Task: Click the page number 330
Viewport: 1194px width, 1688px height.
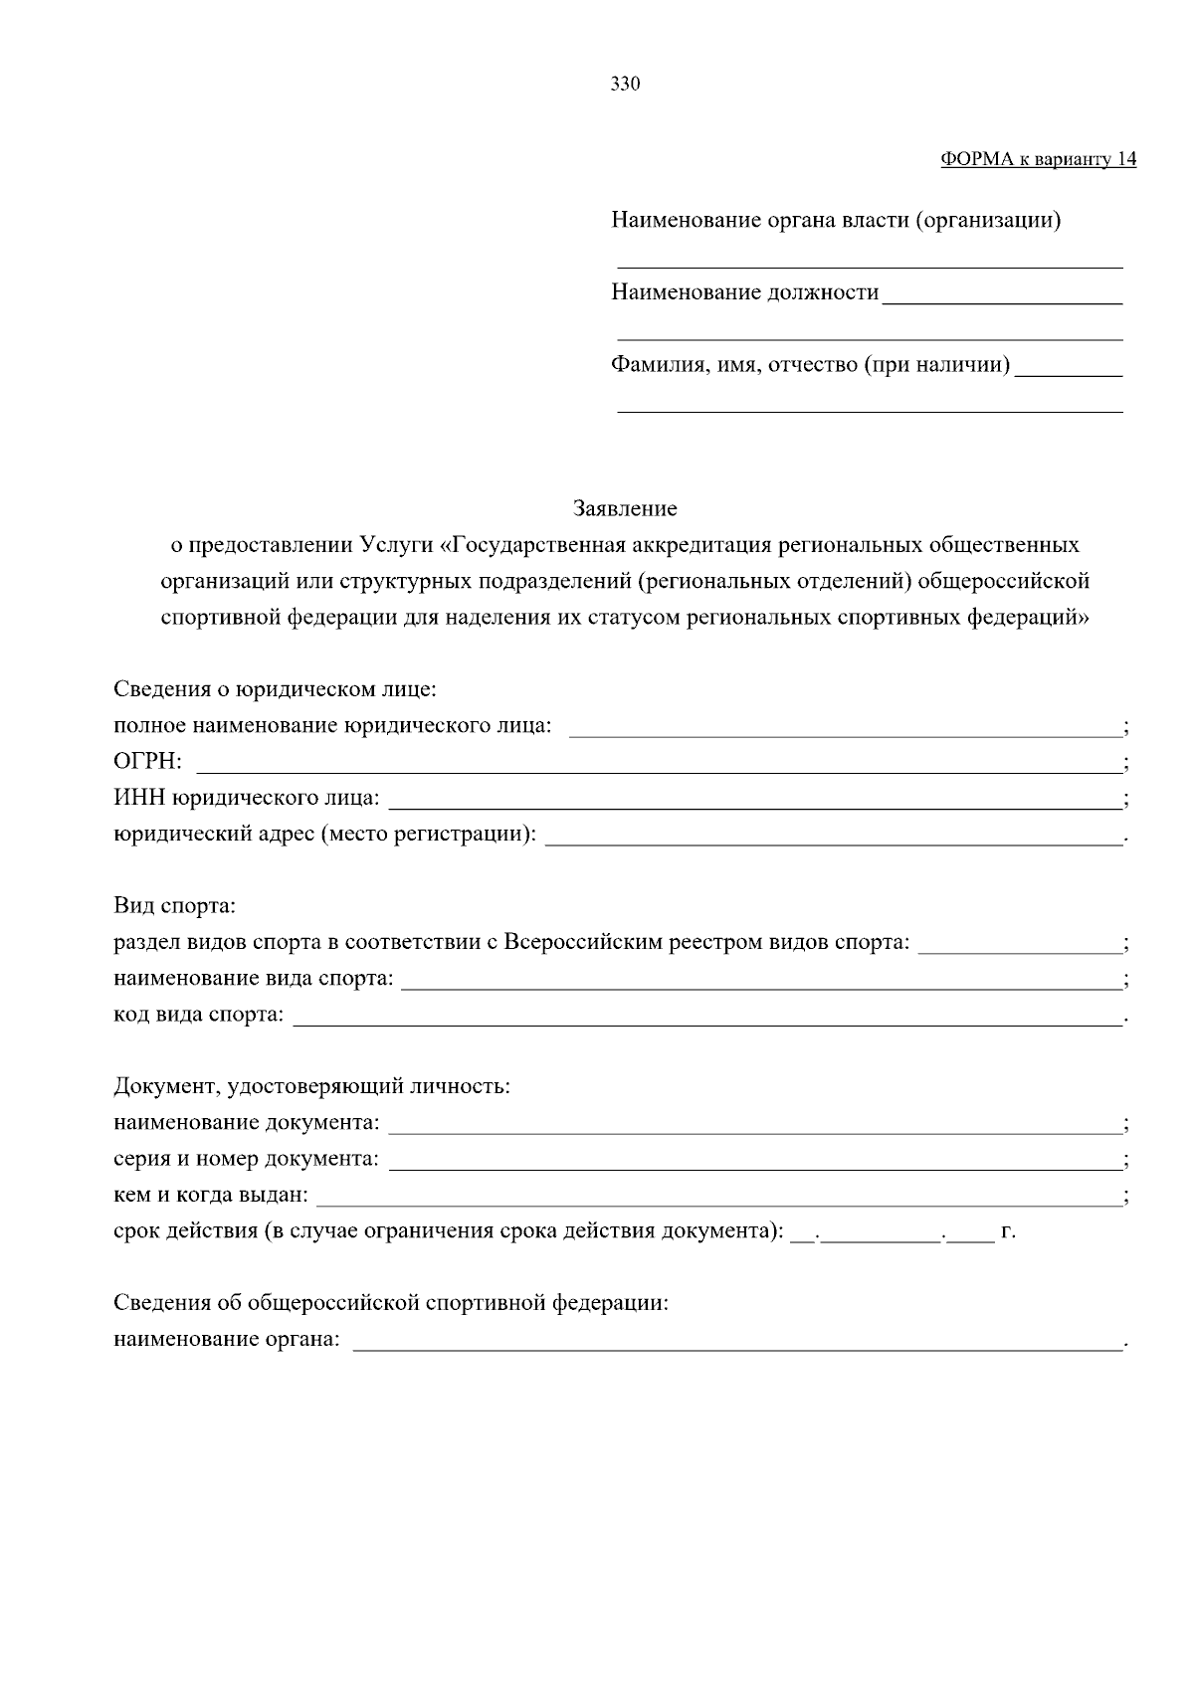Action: pos(625,85)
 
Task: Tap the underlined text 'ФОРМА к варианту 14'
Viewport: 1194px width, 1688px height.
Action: pos(1038,160)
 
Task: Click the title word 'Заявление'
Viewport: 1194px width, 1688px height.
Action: pos(625,509)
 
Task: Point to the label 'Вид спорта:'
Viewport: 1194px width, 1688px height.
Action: pos(174,906)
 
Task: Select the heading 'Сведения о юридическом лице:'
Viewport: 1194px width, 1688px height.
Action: pos(276,689)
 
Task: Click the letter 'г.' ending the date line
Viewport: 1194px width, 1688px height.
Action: pos(1008,1231)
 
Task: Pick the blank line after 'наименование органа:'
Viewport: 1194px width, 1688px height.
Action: pos(736,1343)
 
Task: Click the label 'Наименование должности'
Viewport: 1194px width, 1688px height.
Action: pos(745,292)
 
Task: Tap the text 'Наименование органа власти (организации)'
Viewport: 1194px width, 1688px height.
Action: pos(836,220)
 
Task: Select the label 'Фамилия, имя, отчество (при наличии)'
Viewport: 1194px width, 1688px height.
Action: pos(810,365)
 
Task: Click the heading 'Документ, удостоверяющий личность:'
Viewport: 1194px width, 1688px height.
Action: pos(311,1086)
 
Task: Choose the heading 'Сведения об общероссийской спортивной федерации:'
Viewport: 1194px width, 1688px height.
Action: pos(391,1303)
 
